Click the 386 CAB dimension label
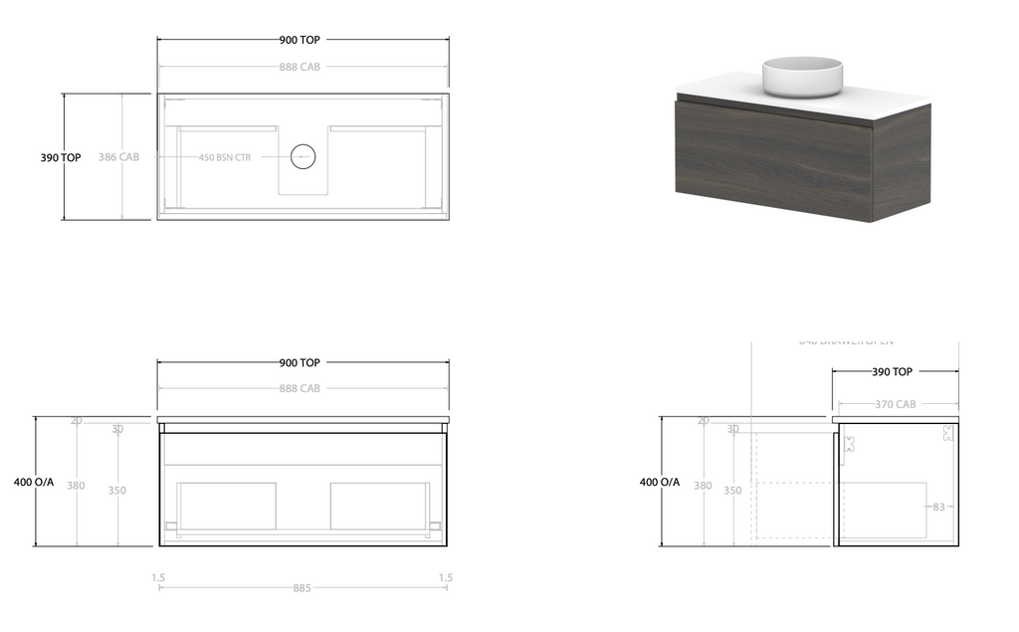pos(118,157)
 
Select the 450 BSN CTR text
pos(225,157)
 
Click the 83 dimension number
pos(938,508)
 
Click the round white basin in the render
pos(802,75)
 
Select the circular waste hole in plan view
pos(302,156)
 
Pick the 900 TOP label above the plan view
pos(300,41)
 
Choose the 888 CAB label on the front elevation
pos(300,388)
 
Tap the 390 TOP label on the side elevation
pos(892,372)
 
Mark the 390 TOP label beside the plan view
pos(61,157)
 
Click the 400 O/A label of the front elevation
pos(34,482)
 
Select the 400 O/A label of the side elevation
pos(660,482)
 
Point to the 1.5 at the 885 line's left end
pos(158,577)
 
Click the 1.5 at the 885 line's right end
pos(446,577)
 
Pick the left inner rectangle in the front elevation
pos(226,507)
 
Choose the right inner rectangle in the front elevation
pos(378,507)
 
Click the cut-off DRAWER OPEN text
pos(845,341)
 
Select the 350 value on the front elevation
pos(117,490)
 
